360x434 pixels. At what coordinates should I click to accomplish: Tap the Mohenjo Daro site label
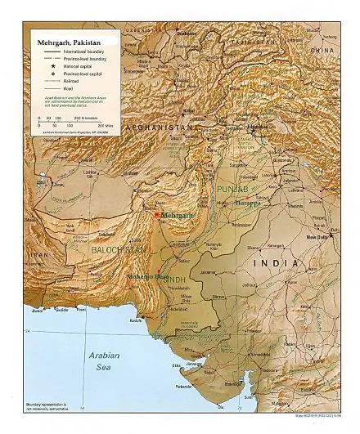tap(147, 277)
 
